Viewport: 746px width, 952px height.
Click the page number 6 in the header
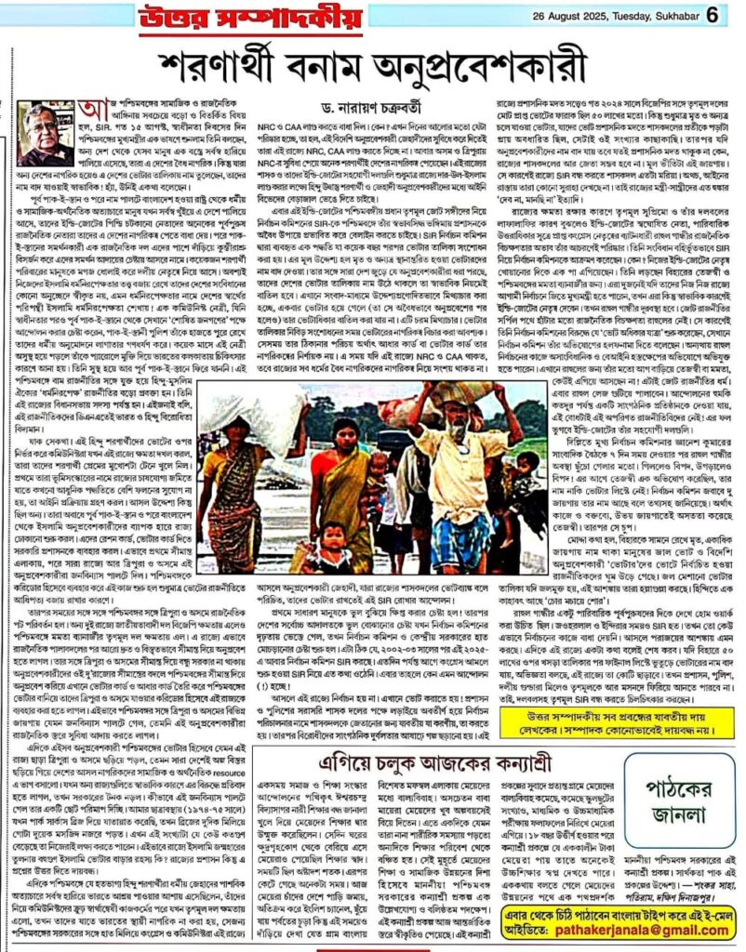click(x=713, y=15)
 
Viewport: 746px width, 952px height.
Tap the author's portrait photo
click(x=44, y=135)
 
